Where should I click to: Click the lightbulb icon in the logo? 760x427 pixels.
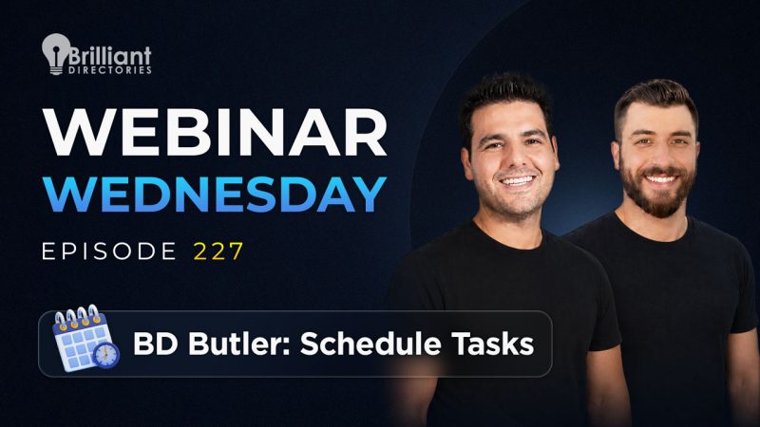pos(56,53)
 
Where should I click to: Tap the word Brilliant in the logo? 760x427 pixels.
pos(109,56)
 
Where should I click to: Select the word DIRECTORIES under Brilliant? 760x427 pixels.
pos(110,70)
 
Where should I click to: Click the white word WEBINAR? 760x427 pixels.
pos(215,132)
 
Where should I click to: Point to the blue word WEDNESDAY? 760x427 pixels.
pos(215,195)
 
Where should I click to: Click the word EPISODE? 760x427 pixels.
pos(109,251)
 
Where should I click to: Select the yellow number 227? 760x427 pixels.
pos(218,251)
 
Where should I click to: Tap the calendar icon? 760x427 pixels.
pos(85,339)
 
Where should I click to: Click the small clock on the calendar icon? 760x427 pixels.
pos(106,355)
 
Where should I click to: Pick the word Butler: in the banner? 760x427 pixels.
pos(238,343)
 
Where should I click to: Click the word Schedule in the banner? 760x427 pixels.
pos(370,343)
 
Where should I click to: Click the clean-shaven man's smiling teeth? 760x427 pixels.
pos(517,181)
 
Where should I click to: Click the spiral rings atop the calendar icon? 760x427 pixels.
pos(78,316)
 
